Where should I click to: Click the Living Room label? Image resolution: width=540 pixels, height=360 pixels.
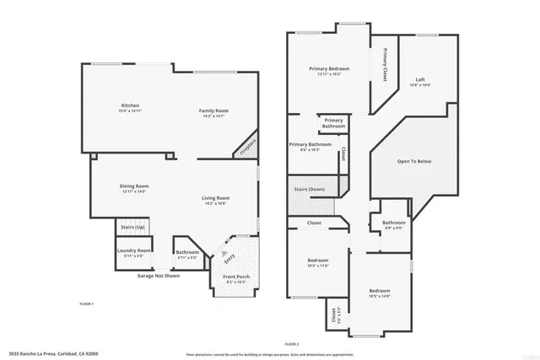click(x=216, y=198)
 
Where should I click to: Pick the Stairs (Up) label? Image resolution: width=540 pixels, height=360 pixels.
click(x=132, y=228)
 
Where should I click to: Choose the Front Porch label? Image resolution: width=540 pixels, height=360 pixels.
click(x=236, y=277)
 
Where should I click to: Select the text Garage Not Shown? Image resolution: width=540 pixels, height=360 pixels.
click(x=158, y=276)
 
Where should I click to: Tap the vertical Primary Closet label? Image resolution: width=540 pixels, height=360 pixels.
click(x=385, y=65)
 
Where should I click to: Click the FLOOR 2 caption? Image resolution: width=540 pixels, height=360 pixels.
click(x=292, y=345)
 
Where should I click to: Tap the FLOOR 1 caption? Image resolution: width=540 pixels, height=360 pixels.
click(x=87, y=303)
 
